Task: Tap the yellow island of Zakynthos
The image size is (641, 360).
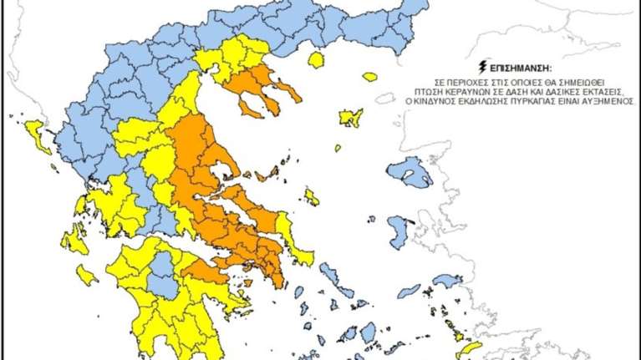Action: tap(86, 274)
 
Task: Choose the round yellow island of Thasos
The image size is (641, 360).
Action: tap(316, 59)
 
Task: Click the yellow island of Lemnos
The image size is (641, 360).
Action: tap(350, 118)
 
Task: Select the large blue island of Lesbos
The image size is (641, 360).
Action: tap(410, 173)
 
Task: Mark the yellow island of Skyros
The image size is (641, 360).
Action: tap(311, 197)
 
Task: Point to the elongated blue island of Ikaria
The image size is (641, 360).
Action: tap(410, 290)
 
